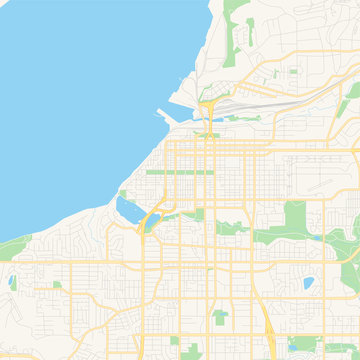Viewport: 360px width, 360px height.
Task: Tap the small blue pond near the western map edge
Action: click(11, 282)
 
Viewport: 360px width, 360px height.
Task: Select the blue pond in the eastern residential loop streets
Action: click(308, 283)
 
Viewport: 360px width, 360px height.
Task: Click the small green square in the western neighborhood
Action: click(57, 285)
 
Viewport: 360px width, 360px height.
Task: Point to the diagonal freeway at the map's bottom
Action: click(271, 335)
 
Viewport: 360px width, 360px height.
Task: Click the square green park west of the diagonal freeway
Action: click(220, 318)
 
